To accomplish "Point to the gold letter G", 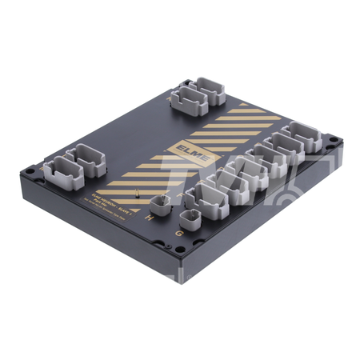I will point(178,233).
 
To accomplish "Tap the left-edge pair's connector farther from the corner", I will point(86,157).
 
